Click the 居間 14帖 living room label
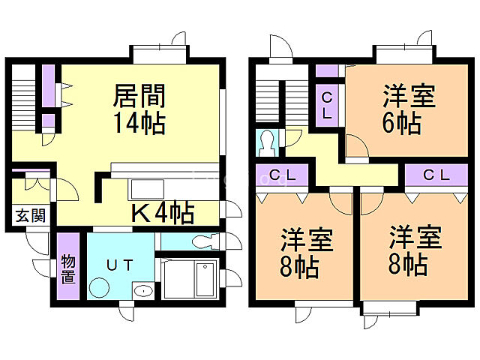139,108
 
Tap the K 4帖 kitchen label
163,213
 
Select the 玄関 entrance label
31,216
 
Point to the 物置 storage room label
68,268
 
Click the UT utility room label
120,263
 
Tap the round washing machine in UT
98,286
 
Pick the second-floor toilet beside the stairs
267,140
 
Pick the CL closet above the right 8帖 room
436,175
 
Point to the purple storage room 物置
68,268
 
